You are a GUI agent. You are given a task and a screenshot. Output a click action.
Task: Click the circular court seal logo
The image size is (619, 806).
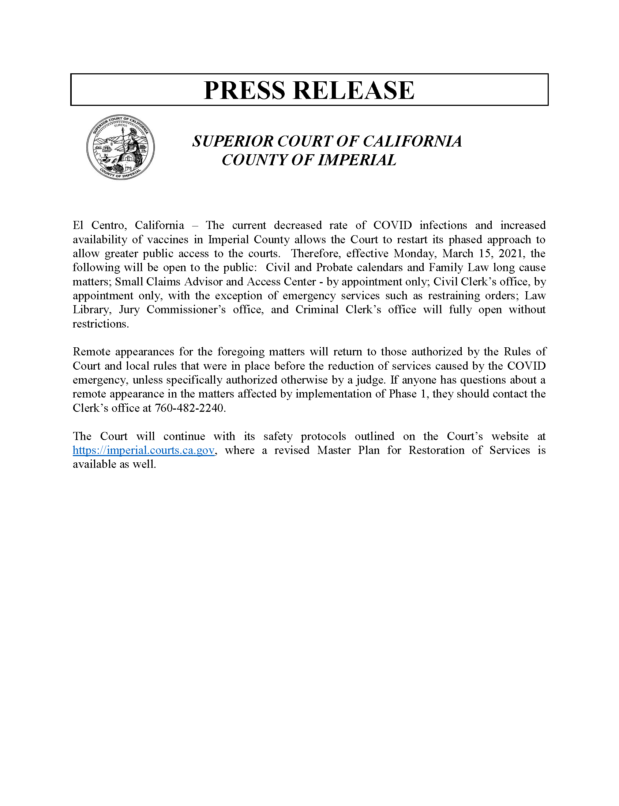tap(120, 147)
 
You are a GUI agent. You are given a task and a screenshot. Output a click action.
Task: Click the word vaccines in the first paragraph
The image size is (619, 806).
tap(168, 239)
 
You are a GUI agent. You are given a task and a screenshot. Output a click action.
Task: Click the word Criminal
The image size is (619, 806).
tap(317, 310)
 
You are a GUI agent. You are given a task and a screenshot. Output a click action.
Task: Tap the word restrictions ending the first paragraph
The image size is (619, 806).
tap(100, 323)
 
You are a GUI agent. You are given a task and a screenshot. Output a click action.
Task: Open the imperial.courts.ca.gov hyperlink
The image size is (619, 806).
tap(143, 450)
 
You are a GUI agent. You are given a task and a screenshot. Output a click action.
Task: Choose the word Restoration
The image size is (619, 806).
tap(436, 450)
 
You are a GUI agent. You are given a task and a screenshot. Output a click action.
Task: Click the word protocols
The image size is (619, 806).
tap(323, 436)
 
